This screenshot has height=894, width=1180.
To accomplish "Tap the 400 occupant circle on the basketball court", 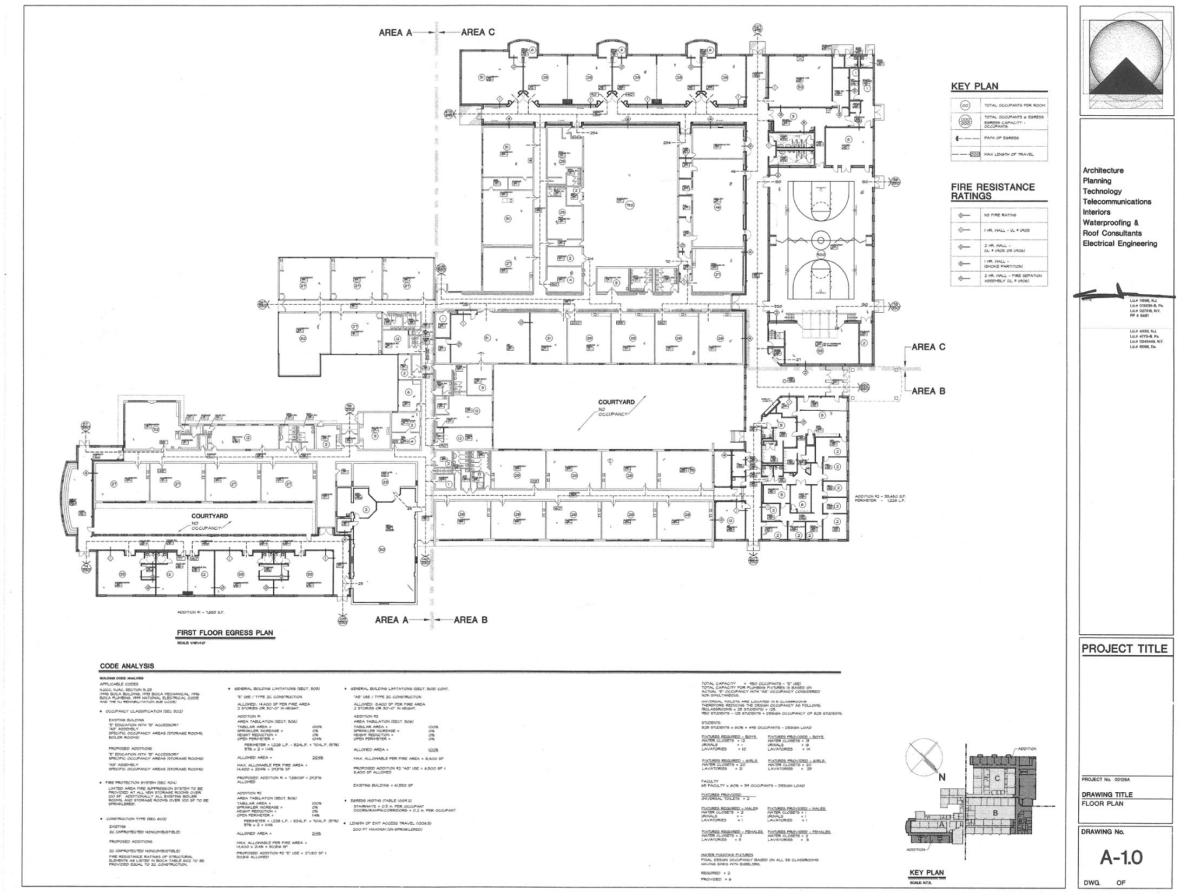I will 820,254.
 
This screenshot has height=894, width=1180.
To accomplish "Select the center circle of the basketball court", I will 820,239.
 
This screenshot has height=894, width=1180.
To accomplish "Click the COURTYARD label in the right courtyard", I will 616,402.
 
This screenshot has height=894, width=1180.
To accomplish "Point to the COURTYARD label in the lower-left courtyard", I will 209,516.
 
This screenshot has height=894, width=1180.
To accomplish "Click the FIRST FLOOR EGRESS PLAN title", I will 225,633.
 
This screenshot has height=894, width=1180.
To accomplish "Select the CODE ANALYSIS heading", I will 127,666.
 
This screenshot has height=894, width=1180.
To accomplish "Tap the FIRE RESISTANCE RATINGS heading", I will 992,192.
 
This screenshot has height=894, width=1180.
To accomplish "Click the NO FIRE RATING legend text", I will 1000,215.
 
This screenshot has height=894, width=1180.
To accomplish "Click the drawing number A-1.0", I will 1122,858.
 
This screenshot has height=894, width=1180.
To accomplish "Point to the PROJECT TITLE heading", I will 1124,648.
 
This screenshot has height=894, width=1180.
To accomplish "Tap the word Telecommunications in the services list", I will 1116,202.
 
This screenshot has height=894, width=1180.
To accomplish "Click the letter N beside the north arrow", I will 941,778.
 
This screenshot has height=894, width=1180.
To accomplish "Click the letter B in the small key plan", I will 994,812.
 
